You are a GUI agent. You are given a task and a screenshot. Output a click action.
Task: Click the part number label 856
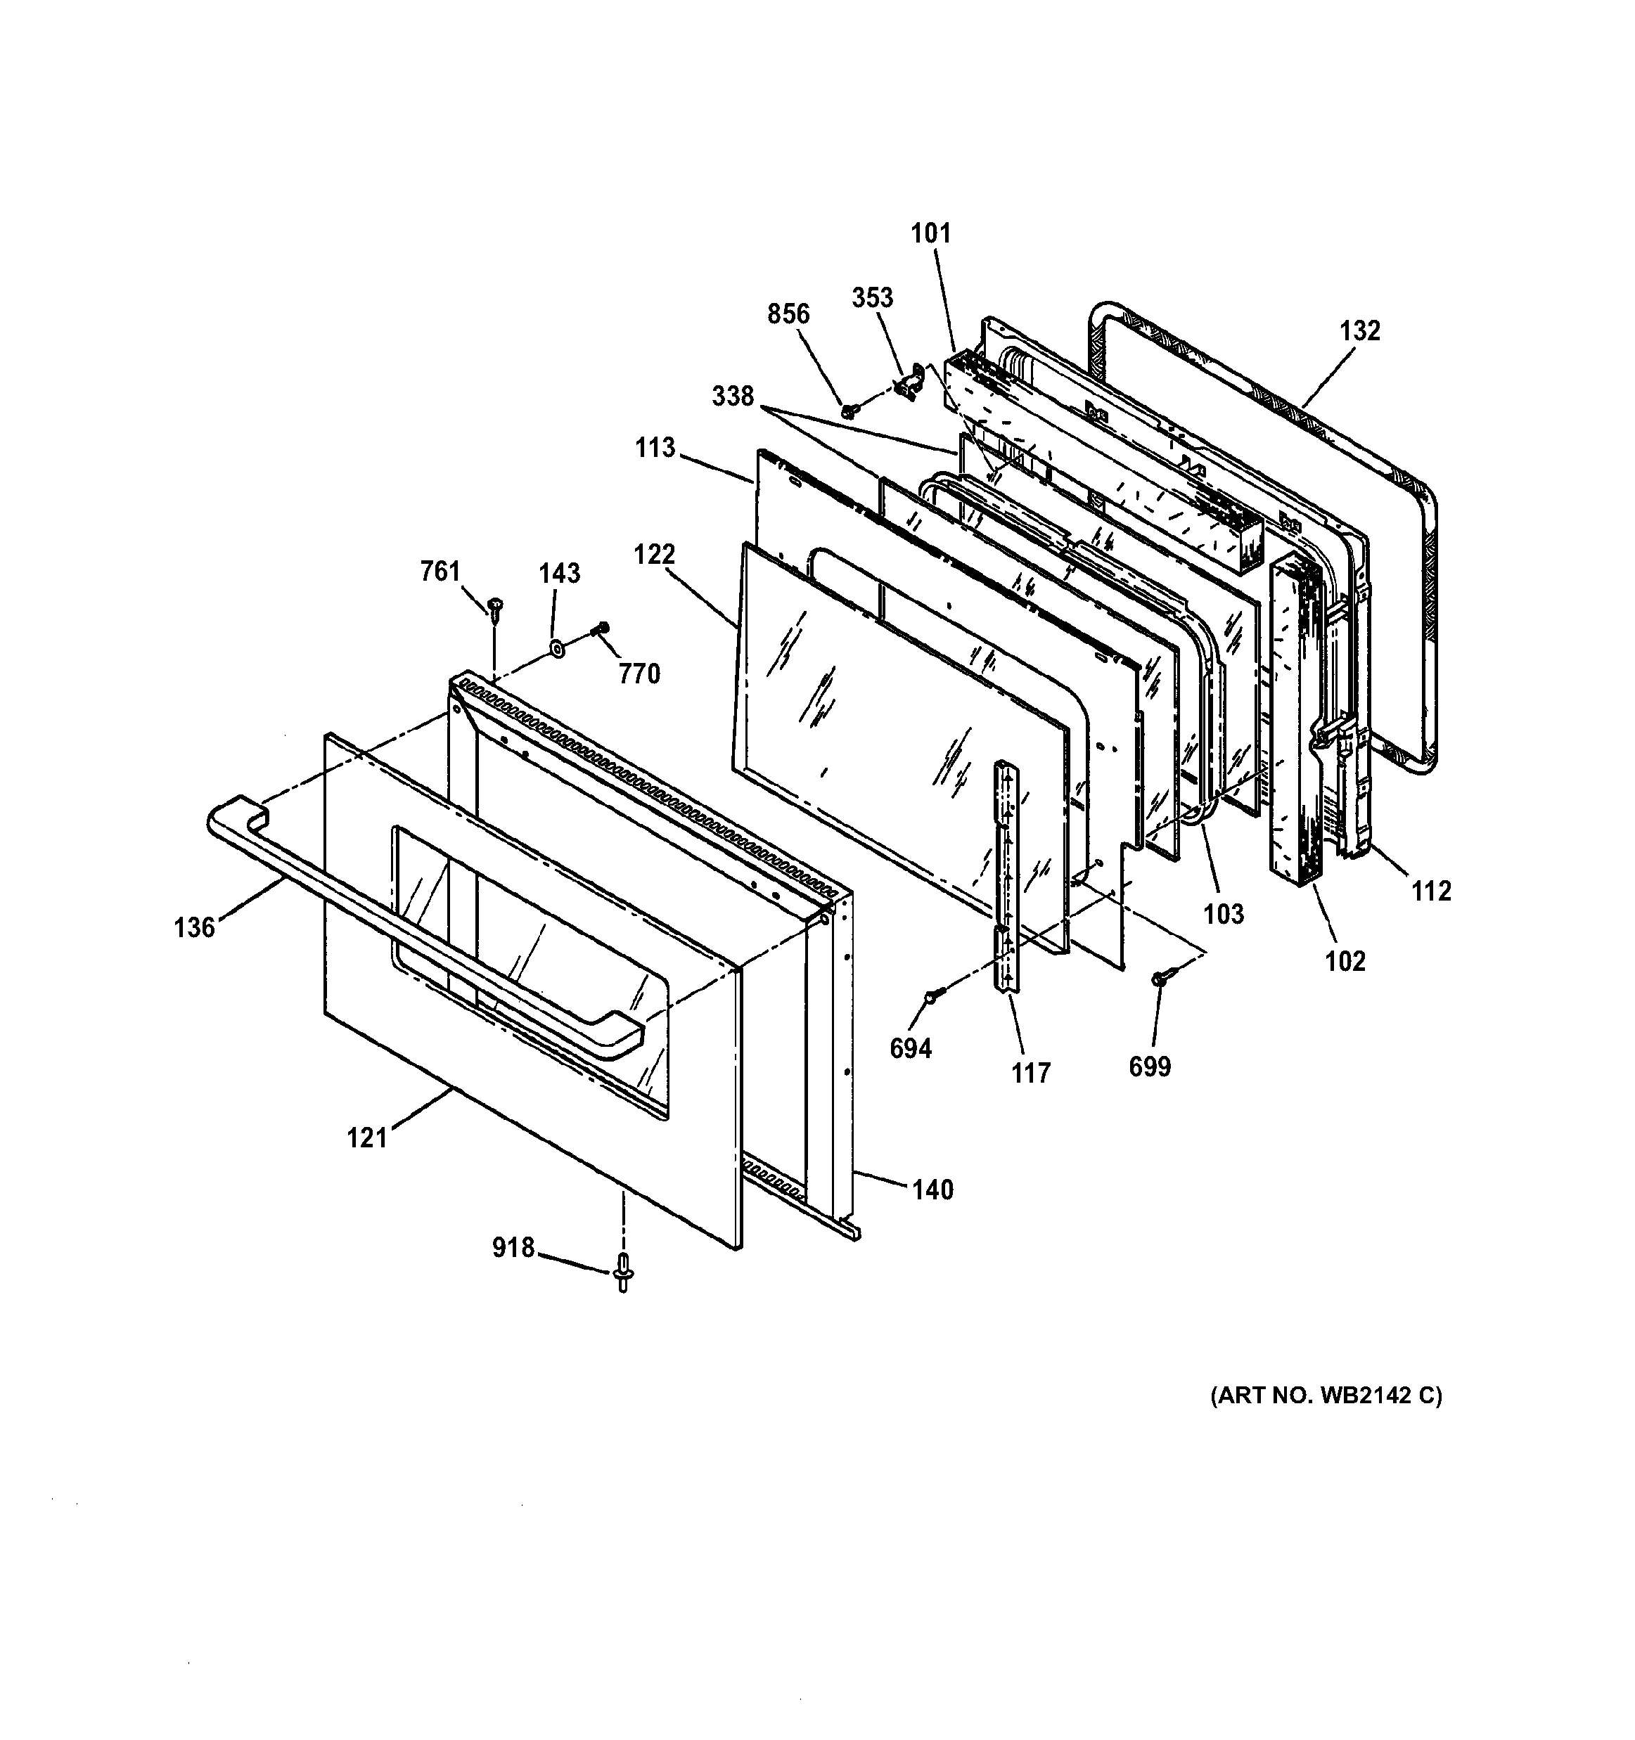click(788, 314)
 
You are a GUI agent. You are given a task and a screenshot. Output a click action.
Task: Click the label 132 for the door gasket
click(1359, 331)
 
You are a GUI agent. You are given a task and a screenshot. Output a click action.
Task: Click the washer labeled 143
click(555, 650)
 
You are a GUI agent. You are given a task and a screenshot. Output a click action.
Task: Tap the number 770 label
click(639, 674)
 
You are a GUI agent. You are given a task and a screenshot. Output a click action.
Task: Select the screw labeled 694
click(931, 995)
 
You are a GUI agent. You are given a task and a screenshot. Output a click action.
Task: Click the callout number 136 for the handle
click(194, 927)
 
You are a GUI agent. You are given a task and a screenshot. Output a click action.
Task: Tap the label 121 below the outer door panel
click(367, 1138)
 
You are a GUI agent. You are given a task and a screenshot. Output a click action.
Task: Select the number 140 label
click(932, 1190)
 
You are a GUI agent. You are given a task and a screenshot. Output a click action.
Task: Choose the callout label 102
click(1345, 961)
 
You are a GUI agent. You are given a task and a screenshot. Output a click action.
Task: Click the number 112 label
click(1431, 891)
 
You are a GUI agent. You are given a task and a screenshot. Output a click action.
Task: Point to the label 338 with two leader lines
click(733, 397)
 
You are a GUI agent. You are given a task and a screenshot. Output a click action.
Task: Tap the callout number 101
click(930, 233)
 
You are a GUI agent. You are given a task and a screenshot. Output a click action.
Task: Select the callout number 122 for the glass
click(655, 554)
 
